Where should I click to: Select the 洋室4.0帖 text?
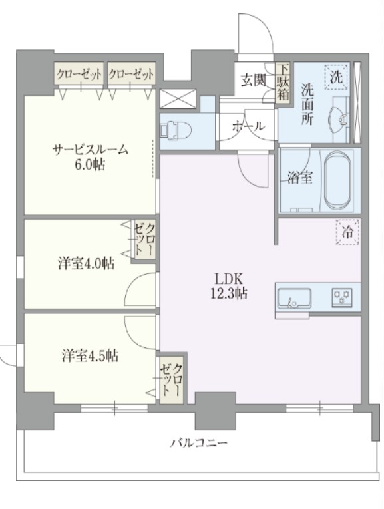click(85, 264)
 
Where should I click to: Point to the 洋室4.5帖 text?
click(90, 355)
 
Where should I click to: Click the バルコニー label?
click(198, 442)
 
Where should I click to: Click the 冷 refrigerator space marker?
click(347, 232)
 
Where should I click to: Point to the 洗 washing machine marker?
click(337, 75)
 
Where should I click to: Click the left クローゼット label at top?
click(79, 74)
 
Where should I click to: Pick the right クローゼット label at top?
click(130, 74)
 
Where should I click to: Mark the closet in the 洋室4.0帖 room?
click(144, 241)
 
